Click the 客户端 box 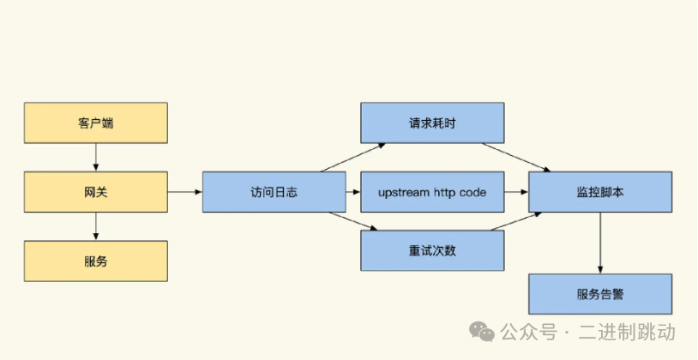(95, 123)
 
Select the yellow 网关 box (95, 192)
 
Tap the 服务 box (95, 261)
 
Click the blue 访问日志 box (274, 192)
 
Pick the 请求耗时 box (431, 123)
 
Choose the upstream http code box (431, 192)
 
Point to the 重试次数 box (431, 250)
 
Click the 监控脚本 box (599, 192)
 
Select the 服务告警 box (599, 294)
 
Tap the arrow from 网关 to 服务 (95, 226)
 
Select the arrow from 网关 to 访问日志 (184, 192)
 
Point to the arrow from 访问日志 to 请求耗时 (352, 158)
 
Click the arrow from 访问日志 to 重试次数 (352, 221)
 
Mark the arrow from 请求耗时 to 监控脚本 (525, 158)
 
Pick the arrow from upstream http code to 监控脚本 (515, 192)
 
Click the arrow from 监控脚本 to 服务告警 (599, 243)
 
